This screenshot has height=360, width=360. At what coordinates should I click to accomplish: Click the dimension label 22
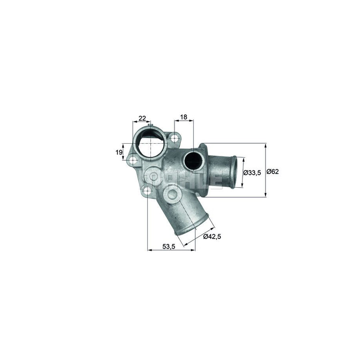click(x=142, y=118)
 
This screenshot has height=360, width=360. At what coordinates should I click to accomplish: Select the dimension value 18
click(x=184, y=117)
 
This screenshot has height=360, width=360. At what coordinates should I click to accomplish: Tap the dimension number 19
click(x=118, y=152)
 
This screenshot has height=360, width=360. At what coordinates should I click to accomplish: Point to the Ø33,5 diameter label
click(x=252, y=173)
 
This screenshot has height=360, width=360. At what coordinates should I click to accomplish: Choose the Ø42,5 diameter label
click(x=212, y=236)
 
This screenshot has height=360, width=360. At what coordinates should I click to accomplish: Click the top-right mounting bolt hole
click(x=174, y=139)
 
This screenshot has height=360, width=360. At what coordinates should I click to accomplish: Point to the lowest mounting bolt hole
click(x=147, y=191)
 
